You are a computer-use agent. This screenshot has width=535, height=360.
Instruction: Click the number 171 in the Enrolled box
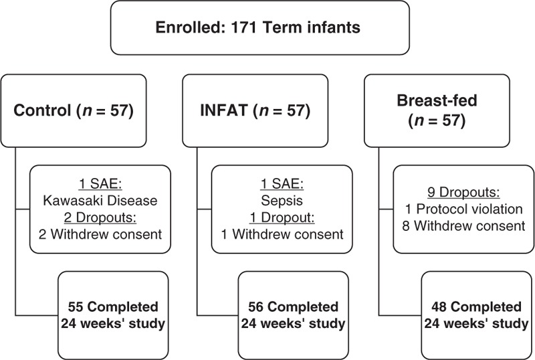tap(243, 27)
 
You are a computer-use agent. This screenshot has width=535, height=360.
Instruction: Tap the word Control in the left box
tap(42, 110)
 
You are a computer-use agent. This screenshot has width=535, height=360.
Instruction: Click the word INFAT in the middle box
tap(224, 110)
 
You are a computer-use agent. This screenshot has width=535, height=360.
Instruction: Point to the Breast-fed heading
tap(437, 100)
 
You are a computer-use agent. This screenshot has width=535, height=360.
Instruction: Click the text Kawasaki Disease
tap(100, 201)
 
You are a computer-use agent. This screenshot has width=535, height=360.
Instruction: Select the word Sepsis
tap(282, 201)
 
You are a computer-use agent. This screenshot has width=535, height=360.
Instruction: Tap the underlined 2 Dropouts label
tap(100, 217)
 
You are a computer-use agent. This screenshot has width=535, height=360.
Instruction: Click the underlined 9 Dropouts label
tap(463, 192)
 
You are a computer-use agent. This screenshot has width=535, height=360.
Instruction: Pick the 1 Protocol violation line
tap(463, 209)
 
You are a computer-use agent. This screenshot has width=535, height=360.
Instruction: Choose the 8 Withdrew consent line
tap(463, 226)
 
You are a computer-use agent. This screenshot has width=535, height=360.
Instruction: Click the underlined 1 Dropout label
tap(282, 217)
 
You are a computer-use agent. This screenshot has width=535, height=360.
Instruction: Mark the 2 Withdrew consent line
tap(100, 234)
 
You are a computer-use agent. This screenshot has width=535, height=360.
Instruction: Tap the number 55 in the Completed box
tap(76, 306)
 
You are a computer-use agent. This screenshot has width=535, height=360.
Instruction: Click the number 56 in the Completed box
tap(256, 306)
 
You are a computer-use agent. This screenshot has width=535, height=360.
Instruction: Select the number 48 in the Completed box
tap(439, 306)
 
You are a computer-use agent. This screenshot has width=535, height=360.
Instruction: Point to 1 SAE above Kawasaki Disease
tap(100, 184)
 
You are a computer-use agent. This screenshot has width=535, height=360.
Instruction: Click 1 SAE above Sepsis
tap(282, 184)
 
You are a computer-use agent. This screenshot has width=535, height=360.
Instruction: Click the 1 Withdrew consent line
tap(282, 234)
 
